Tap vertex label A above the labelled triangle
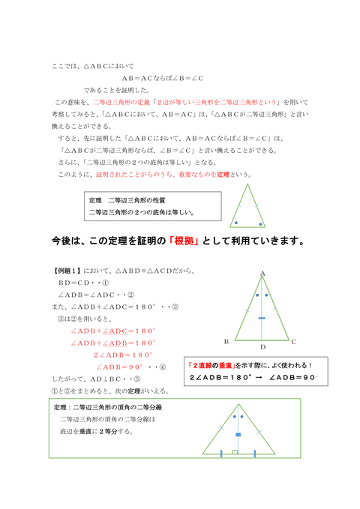[x=263, y=273]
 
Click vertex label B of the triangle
[x=226, y=341]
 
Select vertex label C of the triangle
[x=294, y=341]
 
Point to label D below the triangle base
[x=262, y=347]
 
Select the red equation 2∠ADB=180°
[x=123, y=354]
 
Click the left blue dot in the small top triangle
[x=236, y=223]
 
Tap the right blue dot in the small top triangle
[x=260, y=223]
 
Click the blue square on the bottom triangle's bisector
[x=238, y=435]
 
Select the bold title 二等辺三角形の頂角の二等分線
[x=118, y=408]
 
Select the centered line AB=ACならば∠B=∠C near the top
[x=163, y=79]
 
